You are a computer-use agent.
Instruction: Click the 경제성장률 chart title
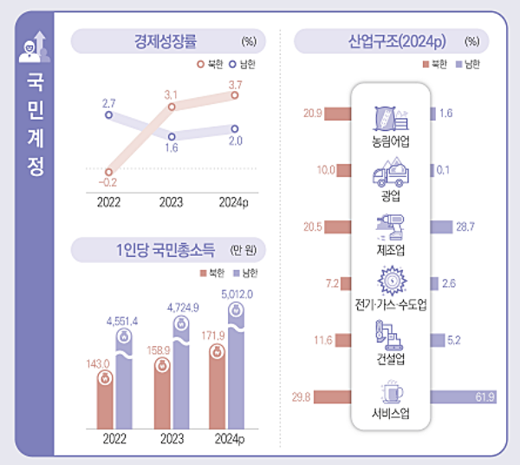click(x=166, y=40)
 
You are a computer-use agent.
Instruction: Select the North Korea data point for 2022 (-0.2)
click(x=109, y=171)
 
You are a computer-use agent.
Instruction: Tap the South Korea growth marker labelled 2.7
click(x=109, y=115)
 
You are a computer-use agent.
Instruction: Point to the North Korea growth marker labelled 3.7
click(x=236, y=95)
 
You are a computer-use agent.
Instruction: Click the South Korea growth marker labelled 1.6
click(x=172, y=136)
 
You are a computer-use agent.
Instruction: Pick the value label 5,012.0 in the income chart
click(x=236, y=294)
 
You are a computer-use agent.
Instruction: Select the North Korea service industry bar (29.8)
click(x=333, y=397)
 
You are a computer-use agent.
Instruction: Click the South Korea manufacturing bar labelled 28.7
click(x=442, y=227)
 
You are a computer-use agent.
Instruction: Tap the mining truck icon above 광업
click(x=389, y=172)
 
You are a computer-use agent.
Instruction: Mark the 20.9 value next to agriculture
click(x=313, y=114)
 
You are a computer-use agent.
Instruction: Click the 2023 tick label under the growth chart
click(x=171, y=201)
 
